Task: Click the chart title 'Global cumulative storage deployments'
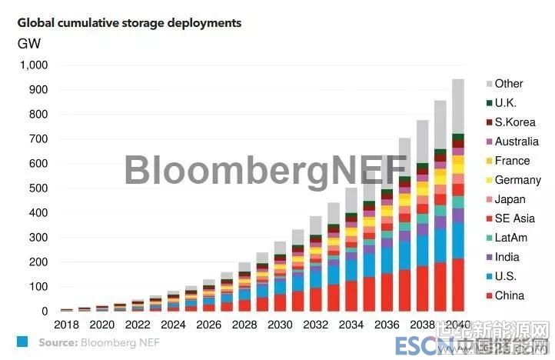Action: pyautogui.click(x=129, y=23)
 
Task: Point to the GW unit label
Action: pyautogui.click(x=29, y=43)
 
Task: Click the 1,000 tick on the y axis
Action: pyautogui.click(x=32, y=65)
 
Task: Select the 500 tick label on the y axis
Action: pyautogui.click(x=38, y=188)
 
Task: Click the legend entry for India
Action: pyautogui.click(x=507, y=257)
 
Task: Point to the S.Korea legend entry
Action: pyautogui.click(x=514, y=122)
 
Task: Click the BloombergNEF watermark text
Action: pyautogui.click(x=265, y=169)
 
